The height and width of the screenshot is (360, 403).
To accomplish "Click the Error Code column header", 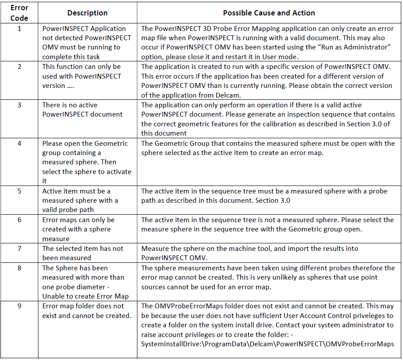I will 19,13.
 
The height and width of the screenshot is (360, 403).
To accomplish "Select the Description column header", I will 87,13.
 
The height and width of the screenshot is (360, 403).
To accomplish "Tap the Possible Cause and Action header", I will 269,13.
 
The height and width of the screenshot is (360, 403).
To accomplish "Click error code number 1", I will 19,28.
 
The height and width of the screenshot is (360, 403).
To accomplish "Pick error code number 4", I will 19,144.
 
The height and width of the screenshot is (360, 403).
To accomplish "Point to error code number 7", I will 19,249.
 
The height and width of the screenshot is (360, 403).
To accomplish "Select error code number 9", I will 19,306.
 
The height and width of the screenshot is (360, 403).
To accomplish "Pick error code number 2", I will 19,67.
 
